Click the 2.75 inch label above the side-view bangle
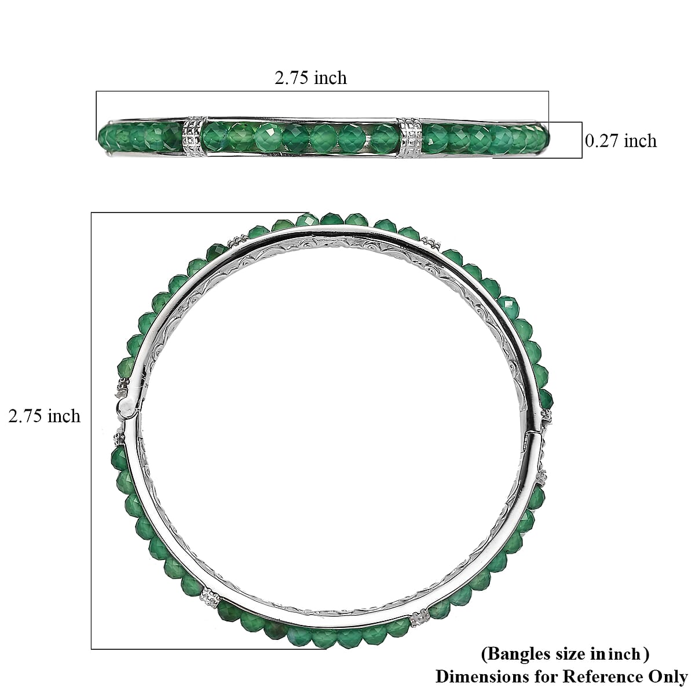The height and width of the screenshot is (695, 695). (x=310, y=78)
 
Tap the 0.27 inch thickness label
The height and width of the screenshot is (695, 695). (x=620, y=141)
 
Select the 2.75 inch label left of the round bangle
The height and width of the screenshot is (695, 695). (x=44, y=416)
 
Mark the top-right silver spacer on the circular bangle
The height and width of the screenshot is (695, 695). (x=429, y=242)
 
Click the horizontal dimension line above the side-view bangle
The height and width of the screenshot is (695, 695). (x=322, y=91)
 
